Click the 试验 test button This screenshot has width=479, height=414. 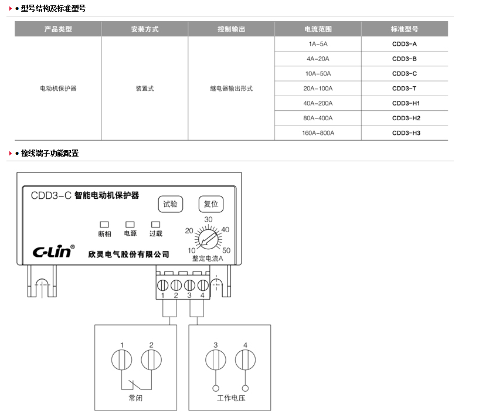(171, 204)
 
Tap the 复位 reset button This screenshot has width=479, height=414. (211, 204)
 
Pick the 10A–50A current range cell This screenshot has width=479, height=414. (318, 74)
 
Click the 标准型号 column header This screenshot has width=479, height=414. (405, 29)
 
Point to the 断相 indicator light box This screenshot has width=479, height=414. (104, 225)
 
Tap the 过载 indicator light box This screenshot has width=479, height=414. (156, 225)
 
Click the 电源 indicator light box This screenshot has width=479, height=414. (130, 225)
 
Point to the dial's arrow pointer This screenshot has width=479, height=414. (209, 239)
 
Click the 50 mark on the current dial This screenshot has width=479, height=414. (226, 250)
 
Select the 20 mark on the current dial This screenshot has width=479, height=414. (189, 230)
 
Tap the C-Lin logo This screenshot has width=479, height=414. (53, 251)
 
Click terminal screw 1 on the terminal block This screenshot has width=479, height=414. (162, 286)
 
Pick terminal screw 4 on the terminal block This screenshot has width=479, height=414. (203, 286)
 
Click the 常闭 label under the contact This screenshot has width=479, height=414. (135, 398)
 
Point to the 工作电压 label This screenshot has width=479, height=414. (231, 398)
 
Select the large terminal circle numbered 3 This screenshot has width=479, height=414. (216, 360)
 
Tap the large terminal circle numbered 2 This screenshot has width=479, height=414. (151, 360)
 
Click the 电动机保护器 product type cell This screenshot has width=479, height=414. (58, 89)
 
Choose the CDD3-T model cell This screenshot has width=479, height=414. (405, 89)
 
